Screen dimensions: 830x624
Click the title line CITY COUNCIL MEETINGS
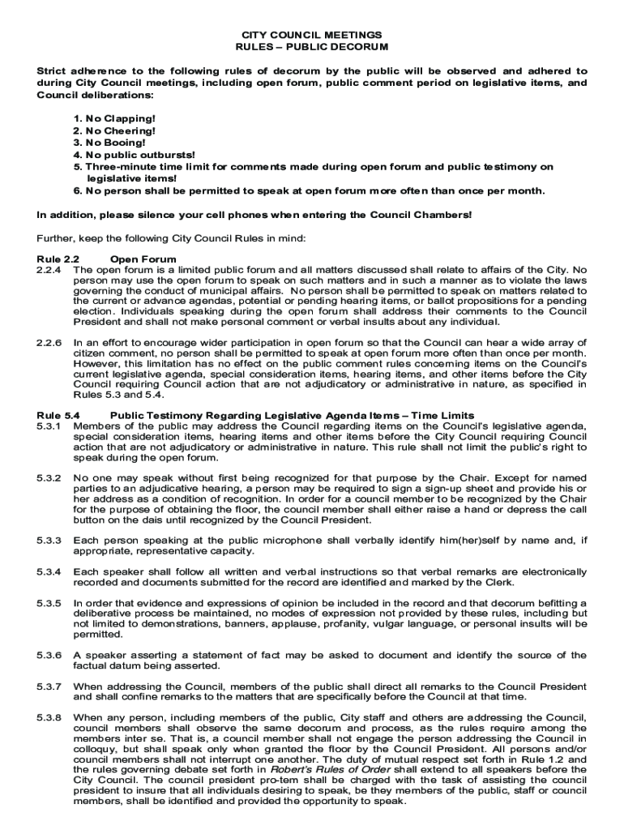[x=312, y=36]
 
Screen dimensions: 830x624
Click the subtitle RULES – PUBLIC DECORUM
[x=312, y=48]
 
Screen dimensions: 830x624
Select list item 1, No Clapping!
[x=114, y=119]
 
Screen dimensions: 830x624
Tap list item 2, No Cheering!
[x=114, y=130]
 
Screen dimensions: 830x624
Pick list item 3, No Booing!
[x=111, y=143]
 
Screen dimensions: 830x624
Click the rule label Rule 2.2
[x=53, y=259]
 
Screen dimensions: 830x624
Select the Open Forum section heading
[x=143, y=259]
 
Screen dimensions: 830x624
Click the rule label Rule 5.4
[x=53, y=416]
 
